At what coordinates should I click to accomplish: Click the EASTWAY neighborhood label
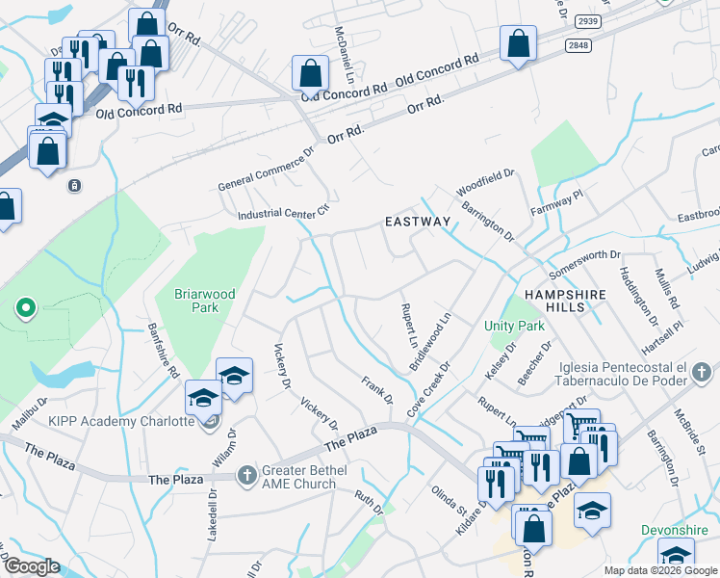pyautogui.click(x=417, y=222)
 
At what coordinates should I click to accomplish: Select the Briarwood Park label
pyautogui.click(x=196, y=301)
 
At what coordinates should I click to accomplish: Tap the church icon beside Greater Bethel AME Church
pyautogui.click(x=247, y=474)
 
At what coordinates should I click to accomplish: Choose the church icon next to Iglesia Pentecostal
pyautogui.click(x=701, y=371)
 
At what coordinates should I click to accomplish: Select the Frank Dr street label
pyautogui.click(x=377, y=390)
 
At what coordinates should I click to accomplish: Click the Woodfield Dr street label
pyautogui.click(x=486, y=182)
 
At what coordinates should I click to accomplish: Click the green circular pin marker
pyautogui.click(x=26, y=308)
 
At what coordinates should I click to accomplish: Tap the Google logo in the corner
pyautogui.click(x=33, y=566)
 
